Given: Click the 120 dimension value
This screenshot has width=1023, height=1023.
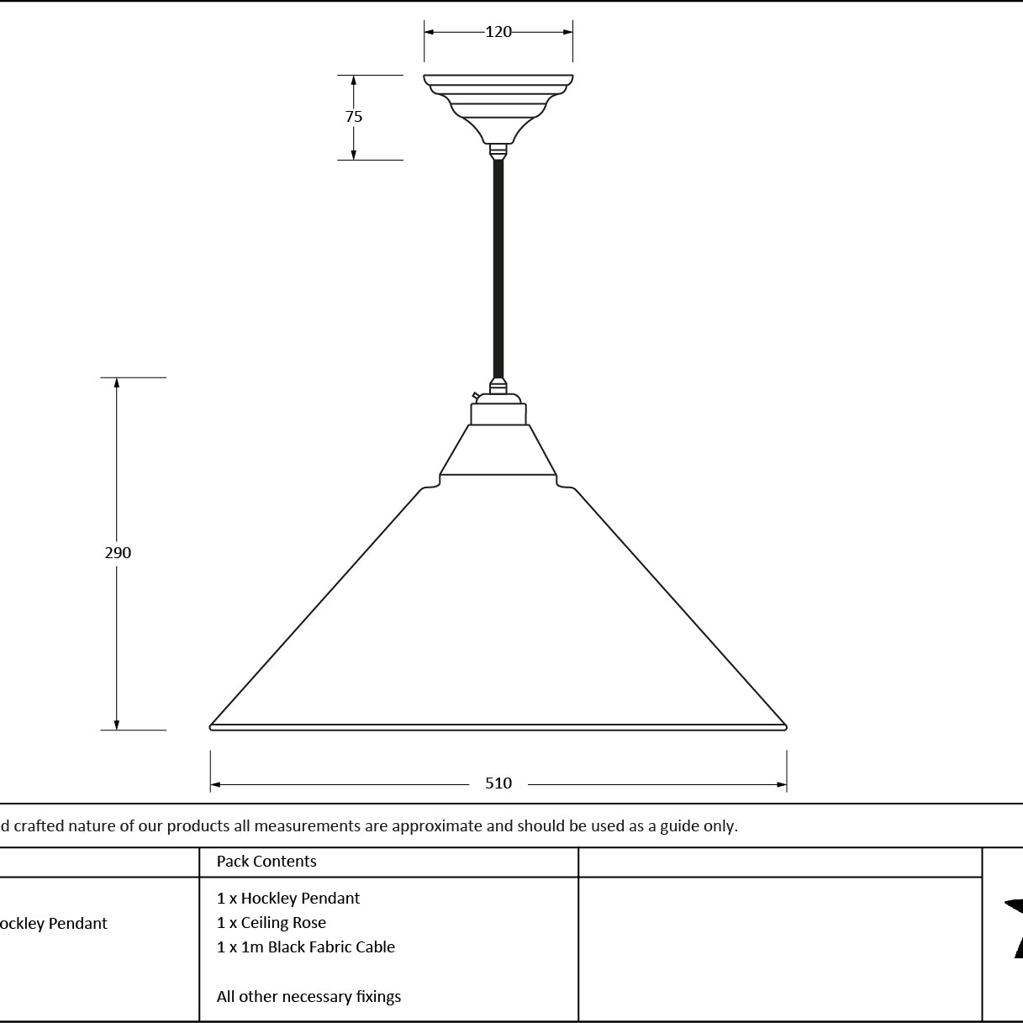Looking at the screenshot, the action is click(x=498, y=32).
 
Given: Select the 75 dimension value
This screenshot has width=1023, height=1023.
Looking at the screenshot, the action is click(x=354, y=116).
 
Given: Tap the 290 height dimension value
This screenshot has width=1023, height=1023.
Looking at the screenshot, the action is click(x=118, y=552).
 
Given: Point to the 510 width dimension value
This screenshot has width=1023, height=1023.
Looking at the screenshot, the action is click(x=498, y=783).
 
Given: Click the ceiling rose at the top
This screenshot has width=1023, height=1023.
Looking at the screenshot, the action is click(x=498, y=108).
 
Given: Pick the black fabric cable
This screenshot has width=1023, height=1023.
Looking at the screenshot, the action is click(x=498, y=269).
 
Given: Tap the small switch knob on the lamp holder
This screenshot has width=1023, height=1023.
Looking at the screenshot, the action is click(x=476, y=396).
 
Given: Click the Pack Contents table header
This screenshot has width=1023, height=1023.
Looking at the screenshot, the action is click(x=266, y=861).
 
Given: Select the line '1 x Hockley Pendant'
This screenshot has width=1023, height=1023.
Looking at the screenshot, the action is click(x=288, y=899).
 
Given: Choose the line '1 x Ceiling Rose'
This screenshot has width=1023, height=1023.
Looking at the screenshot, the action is click(x=272, y=923).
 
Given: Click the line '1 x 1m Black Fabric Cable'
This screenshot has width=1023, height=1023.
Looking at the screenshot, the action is click(x=306, y=947).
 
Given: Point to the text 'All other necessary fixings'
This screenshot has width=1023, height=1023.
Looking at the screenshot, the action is click(x=308, y=996).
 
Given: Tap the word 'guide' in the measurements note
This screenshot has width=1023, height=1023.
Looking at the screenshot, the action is click(x=674, y=826).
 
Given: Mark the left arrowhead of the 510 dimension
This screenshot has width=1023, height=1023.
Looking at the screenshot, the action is click(x=215, y=784).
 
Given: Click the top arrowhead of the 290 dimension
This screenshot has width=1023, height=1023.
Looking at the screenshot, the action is click(x=117, y=382).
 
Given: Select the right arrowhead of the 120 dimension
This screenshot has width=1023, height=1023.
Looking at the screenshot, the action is click(x=567, y=32).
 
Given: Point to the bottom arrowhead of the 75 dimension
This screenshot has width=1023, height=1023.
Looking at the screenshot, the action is click(x=354, y=155).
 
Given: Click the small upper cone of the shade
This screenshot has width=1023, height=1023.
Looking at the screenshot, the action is click(x=498, y=450).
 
